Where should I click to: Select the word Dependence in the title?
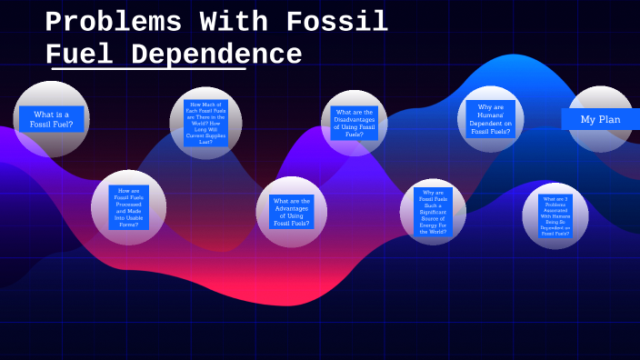coord(216,55)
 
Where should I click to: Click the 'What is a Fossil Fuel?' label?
coord(52,119)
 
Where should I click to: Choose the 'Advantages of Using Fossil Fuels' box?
coord(292,212)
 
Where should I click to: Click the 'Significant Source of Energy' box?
coord(434,213)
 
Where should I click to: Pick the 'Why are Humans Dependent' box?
coord(491,119)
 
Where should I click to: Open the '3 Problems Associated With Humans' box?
coord(555,215)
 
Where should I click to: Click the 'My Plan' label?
coord(600,119)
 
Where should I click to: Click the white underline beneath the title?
coord(149,69)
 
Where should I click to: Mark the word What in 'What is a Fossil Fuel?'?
coord(40,114)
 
